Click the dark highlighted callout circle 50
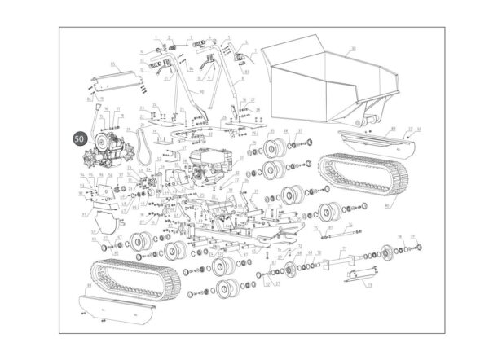coord(79,139)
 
